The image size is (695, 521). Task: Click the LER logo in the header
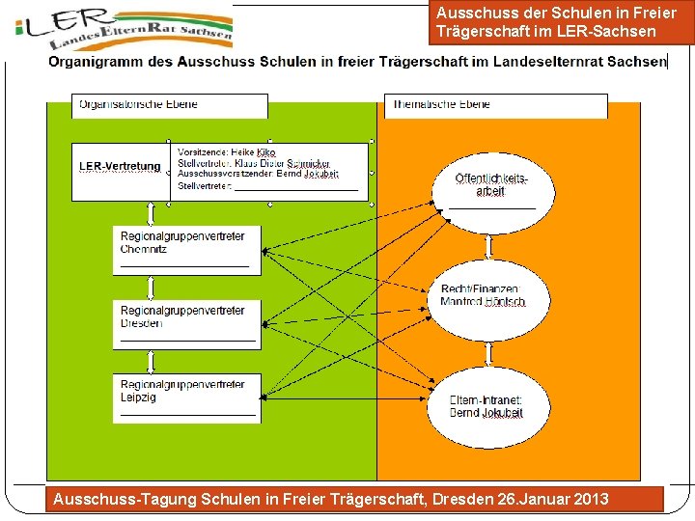coord(124,30)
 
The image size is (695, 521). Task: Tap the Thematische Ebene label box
coord(496,105)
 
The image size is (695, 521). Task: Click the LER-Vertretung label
coord(120,167)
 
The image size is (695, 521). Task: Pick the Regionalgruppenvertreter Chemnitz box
coord(186,249)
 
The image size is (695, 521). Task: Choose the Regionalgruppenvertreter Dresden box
coord(186,323)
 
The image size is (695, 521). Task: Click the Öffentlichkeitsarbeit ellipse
coord(492,190)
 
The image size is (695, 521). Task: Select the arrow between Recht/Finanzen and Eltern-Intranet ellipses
coord(489,355)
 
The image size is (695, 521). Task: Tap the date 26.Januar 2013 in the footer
coord(552,500)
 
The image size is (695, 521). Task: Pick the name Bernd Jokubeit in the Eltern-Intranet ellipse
coord(486,414)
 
